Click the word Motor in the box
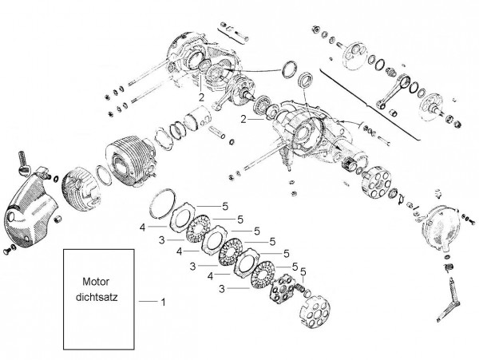(x=96, y=282)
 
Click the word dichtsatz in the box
(x=97, y=297)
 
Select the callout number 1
(x=163, y=302)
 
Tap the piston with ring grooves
(x=197, y=120)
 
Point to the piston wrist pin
(x=217, y=132)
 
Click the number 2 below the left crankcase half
(x=201, y=97)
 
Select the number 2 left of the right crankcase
(x=243, y=119)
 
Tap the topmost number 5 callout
(x=225, y=207)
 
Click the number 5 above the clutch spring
(x=303, y=271)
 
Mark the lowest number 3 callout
(x=222, y=288)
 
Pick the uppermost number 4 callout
(x=142, y=227)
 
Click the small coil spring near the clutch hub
(x=299, y=287)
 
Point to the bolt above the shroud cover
(x=23, y=163)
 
